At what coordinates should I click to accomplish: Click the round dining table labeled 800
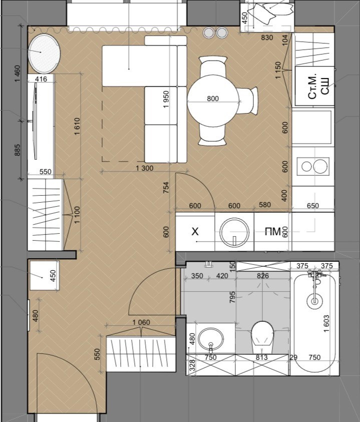coord(213,102)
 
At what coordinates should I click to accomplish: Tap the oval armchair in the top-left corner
coord(44,54)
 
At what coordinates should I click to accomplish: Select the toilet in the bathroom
coord(262,333)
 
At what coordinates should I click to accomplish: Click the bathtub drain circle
coord(314,301)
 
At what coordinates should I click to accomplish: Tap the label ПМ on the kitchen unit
coord(273,231)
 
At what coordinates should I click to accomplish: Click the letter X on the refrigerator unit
coord(195,231)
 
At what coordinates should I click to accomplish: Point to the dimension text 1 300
coord(144,169)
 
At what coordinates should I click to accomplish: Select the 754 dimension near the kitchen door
coord(167,188)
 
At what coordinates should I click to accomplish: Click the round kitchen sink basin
coord(234,231)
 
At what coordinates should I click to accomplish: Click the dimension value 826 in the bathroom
coord(262,276)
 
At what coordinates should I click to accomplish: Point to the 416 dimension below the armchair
coord(41,79)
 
